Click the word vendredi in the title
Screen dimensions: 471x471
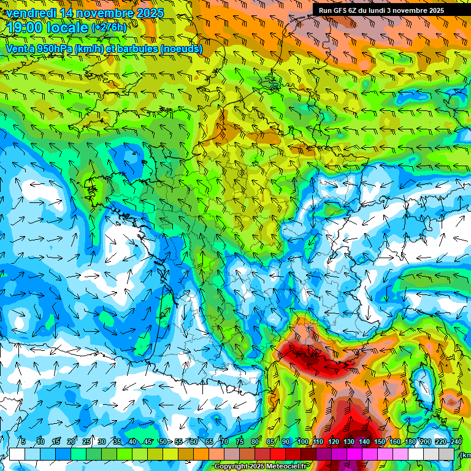pos(32,13)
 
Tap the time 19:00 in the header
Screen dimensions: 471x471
pos(25,28)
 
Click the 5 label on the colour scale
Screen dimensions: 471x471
pos(23,442)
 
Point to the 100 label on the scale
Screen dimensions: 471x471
pos(303,442)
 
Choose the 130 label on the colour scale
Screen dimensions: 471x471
pos(349,442)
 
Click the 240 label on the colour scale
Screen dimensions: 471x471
pos(456,442)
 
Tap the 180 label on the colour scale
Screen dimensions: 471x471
pos(410,442)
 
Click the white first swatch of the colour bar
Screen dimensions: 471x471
pos(17,454)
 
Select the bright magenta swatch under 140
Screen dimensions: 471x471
pos(370,454)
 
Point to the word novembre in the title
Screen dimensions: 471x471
pos(103,13)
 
